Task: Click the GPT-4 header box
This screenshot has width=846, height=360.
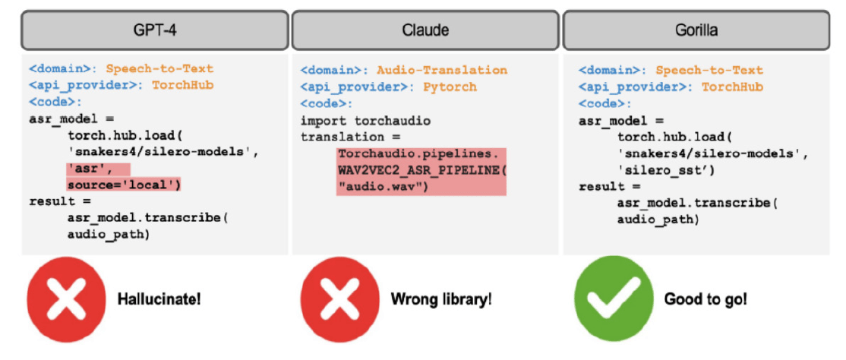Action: (x=154, y=30)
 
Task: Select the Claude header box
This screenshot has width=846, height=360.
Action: (x=425, y=30)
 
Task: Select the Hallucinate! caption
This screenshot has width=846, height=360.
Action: (x=159, y=299)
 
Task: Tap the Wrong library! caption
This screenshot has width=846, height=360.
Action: (x=441, y=299)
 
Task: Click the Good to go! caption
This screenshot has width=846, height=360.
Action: (x=706, y=299)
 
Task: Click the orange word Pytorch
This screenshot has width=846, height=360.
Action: (x=450, y=87)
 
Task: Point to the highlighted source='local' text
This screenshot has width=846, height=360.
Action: (x=125, y=185)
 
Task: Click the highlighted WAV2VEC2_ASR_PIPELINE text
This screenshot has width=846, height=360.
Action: (x=420, y=171)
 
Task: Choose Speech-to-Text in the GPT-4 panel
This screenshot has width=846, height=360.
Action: (x=159, y=69)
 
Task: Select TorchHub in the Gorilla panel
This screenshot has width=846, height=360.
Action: (x=732, y=87)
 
